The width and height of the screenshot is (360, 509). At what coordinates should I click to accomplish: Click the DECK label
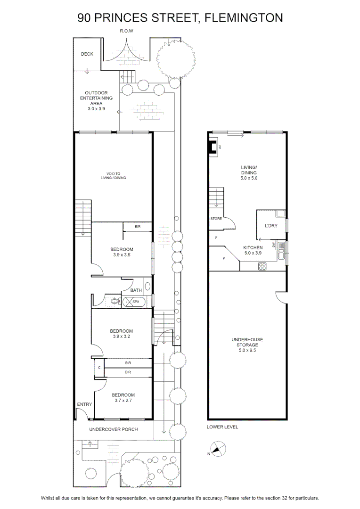pos(87,54)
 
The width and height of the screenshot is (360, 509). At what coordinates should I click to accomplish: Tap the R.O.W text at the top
pos(127,31)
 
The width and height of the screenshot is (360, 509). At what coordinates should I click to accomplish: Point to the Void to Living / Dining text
pos(113,176)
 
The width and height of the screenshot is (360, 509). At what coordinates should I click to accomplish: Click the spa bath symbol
pos(134,302)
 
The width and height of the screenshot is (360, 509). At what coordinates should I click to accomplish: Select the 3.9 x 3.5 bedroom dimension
pos(122,255)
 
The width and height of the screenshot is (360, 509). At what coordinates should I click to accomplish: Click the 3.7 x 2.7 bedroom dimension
pos(123,400)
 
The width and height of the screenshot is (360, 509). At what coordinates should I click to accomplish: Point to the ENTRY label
pos(84,404)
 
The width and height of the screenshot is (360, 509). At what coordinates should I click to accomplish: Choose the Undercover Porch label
pos(114,429)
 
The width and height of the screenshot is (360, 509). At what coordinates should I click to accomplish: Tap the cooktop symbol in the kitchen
pos(262,266)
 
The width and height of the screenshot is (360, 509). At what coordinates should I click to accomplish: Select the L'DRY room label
pos(271,226)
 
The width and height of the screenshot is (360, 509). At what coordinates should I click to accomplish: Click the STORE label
pos(216,219)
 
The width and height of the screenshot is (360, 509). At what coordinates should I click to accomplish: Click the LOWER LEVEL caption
pos(222,427)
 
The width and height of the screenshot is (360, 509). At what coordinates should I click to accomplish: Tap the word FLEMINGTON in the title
pos(244,17)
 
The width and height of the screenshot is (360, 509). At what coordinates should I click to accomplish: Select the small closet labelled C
pos(99,368)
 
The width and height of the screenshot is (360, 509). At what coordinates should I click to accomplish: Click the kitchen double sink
pos(281,250)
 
